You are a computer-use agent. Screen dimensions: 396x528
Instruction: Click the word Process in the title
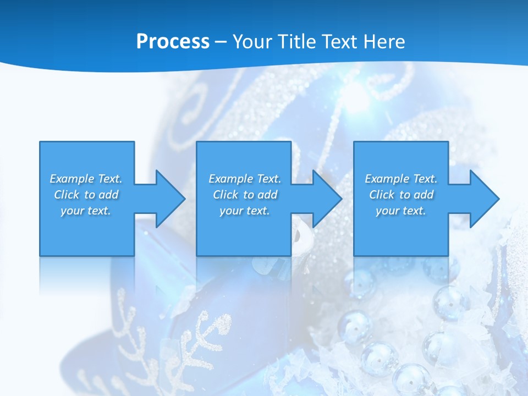point(173,42)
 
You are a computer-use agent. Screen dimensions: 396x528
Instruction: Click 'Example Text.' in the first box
point(86,179)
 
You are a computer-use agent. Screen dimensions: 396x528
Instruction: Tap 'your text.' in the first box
point(86,211)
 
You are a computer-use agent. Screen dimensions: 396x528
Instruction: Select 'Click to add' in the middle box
point(245,195)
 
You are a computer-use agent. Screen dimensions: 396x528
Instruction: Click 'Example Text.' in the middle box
point(245,179)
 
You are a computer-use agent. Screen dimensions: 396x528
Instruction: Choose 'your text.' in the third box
point(401,211)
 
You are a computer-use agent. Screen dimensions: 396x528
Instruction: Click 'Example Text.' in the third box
point(401,179)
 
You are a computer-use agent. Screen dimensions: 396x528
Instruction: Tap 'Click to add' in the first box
point(86,195)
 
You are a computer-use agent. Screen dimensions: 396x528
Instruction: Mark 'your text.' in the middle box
point(245,211)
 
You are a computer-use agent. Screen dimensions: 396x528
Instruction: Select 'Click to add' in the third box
point(401,195)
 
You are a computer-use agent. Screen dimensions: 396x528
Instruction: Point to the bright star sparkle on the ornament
point(355,91)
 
